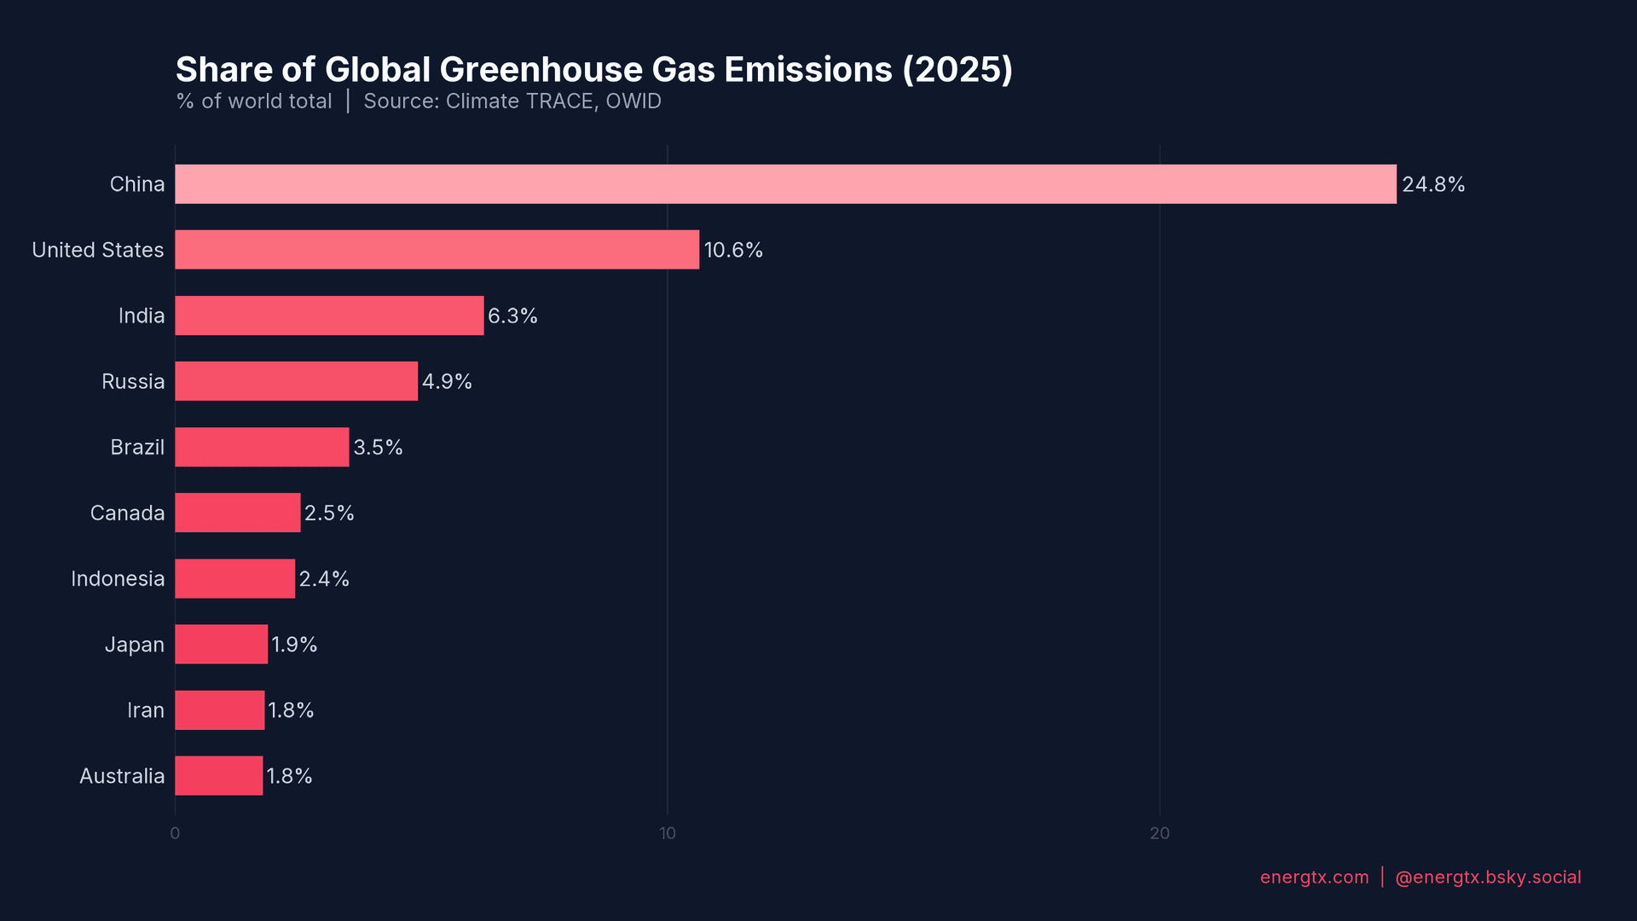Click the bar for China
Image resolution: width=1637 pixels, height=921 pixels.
coord(785,184)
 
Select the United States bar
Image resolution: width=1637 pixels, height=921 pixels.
coord(437,250)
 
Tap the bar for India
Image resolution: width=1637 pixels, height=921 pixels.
coord(329,316)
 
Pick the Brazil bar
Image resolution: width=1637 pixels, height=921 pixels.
coord(262,447)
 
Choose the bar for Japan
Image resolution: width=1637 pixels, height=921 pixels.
coord(221,645)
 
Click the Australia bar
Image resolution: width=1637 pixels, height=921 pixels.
coord(218,776)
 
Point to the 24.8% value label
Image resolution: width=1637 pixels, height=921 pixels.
coord(1433,184)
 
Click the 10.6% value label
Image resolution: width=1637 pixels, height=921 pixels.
coord(733,250)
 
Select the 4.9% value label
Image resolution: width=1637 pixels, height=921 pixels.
coord(447,381)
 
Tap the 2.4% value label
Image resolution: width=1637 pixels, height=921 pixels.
coord(324,579)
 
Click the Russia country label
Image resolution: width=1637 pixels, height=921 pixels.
coord(133,381)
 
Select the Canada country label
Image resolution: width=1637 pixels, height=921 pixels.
coord(127,513)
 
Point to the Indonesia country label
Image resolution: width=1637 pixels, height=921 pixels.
coord(118,579)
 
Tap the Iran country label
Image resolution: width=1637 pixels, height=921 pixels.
coord(146,710)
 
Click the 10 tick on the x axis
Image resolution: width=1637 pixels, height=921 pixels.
coord(668,833)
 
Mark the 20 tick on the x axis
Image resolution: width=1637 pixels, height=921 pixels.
coord(1160,833)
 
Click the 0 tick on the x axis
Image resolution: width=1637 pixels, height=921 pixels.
coord(175,833)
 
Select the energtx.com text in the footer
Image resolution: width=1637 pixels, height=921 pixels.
coord(1314,878)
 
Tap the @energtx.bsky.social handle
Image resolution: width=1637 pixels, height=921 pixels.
coord(1488,878)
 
